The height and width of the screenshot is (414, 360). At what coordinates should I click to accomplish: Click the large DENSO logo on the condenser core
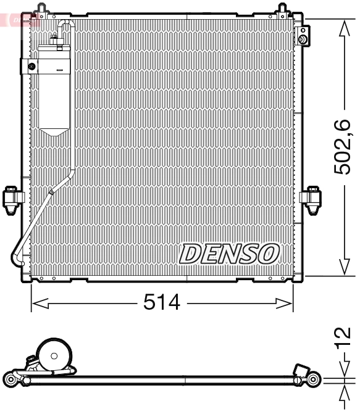coord(230,253)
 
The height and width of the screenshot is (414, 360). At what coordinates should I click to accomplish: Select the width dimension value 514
coord(162,302)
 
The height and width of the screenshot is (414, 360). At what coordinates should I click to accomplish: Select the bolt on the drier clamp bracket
coord(31,66)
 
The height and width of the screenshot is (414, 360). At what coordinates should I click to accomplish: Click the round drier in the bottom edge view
coord(54,356)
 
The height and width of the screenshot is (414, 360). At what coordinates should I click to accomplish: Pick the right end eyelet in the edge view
coord(315,378)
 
